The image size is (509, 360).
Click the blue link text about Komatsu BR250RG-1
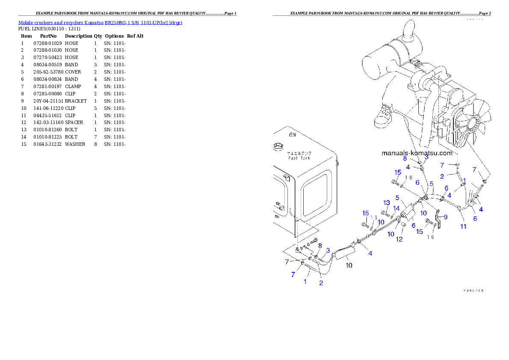(x=100, y=23)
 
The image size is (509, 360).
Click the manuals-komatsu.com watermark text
(x=417, y=153)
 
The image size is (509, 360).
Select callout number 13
(x=387, y=203)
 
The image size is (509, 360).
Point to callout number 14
(x=397, y=208)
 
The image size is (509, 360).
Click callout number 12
(x=399, y=239)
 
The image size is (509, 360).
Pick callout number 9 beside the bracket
(x=445, y=217)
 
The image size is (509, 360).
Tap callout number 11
(x=463, y=226)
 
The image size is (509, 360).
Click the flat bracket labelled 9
(x=438, y=218)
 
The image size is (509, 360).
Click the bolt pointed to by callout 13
(x=384, y=212)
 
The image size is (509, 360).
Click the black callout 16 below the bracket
(x=431, y=237)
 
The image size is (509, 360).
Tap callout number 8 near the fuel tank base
(x=320, y=245)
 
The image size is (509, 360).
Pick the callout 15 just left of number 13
(x=365, y=213)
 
